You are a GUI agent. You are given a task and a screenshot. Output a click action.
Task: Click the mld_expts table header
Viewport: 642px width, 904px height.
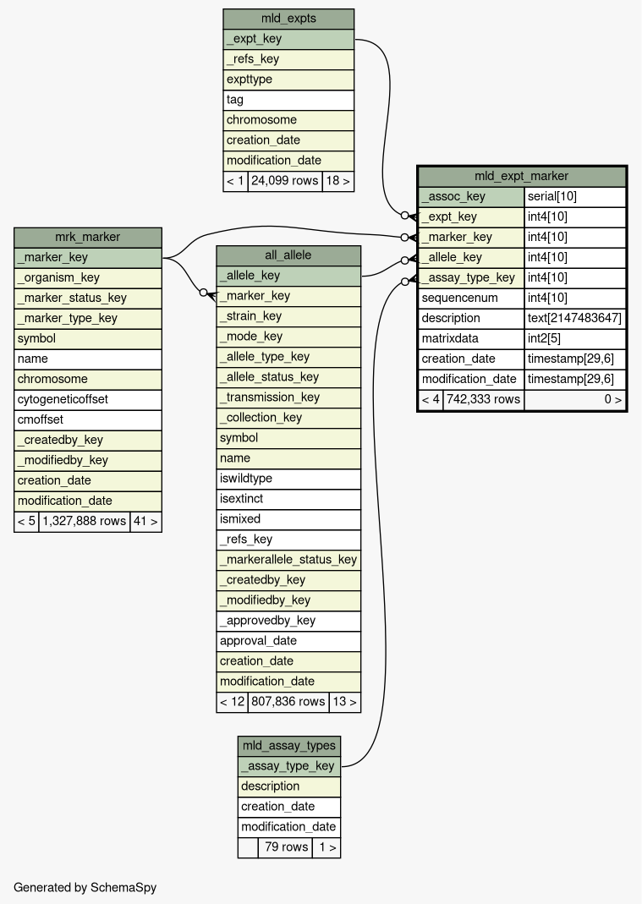[288, 19]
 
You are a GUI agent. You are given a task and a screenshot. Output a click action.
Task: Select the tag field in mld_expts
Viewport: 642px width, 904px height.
[288, 100]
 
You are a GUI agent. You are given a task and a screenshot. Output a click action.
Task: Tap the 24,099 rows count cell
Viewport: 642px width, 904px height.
[284, 181]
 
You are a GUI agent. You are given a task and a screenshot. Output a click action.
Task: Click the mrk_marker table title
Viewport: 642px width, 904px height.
[87, 237]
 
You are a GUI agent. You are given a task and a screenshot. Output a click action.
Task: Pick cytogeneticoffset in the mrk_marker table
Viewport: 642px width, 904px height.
[87, 399]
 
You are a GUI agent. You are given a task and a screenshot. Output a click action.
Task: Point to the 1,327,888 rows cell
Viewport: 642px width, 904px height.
[84, 521]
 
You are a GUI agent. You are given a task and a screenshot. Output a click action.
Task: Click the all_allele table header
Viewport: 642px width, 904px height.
[288, 255]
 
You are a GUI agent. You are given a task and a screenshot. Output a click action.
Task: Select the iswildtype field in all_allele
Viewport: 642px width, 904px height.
[288, 479]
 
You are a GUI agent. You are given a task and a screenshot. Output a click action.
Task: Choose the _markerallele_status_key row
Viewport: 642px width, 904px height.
[288, 560]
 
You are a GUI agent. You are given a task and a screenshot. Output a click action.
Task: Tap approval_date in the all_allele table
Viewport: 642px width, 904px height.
[288, 641]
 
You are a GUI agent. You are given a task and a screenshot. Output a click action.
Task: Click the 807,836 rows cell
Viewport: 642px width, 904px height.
[288, 702]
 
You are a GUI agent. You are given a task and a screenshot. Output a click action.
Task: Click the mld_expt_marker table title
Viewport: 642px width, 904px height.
[522, 176]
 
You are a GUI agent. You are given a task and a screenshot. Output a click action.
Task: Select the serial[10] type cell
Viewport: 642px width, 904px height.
[575, 196]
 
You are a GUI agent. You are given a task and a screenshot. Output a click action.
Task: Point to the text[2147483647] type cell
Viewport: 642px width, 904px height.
[575, 318]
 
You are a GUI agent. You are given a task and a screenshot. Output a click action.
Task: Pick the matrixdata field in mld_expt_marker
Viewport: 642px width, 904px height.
[471, 338]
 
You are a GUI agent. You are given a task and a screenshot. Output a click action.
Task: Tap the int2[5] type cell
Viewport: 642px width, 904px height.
[575, 338]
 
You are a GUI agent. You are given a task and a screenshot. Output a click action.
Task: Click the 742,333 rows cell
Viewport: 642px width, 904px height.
[483, 399]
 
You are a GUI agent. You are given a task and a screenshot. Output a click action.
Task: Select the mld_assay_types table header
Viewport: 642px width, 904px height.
[289, 746]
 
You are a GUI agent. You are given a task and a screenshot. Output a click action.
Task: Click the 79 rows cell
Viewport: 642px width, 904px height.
[284, 847]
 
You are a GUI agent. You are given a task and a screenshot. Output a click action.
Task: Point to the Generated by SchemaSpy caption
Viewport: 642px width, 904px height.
[85, 888]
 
